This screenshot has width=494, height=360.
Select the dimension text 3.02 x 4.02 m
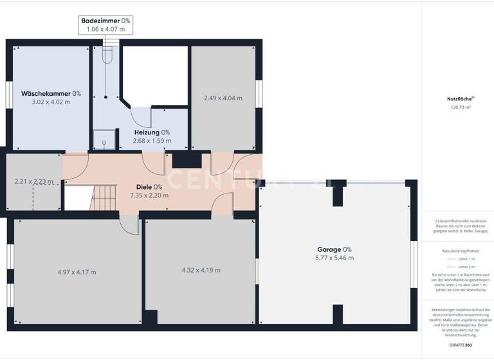coord(51,102)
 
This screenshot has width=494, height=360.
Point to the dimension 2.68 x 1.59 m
coord(152,140)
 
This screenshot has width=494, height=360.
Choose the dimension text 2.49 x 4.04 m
coord(223,98)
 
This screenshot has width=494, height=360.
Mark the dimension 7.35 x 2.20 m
coord(149,195)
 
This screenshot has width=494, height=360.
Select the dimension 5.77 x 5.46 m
coord(334,258)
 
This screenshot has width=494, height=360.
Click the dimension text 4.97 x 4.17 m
coord(77,272)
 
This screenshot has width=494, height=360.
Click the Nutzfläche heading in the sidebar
coord(460,99)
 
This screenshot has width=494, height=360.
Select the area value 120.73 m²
coord(460,108)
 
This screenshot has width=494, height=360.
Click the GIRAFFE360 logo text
coord(461,346)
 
